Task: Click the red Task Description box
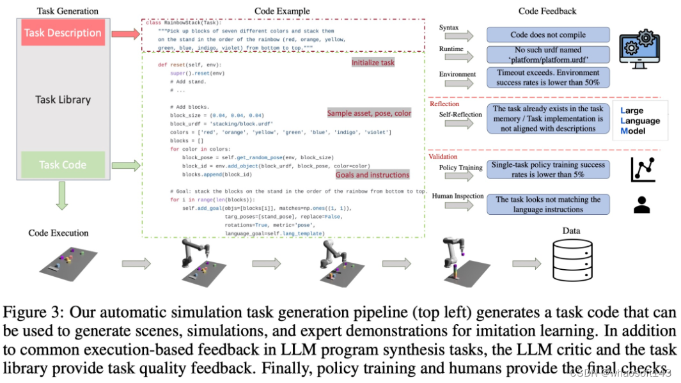[x=63, y=33]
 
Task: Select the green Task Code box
[x=63, y=164]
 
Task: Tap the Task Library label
[x=63, y=100]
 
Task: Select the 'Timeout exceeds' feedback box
[x=548, y=77]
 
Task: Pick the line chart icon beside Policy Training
[x=641, y=169]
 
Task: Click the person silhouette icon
[x=641, y=204]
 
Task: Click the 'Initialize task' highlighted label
[x=373, y=63]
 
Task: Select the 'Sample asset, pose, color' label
[x=369, y=113]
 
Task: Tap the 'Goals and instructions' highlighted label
[x=372, y=175]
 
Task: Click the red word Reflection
[x=444, y=104]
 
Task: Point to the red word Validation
[x=443, y=157]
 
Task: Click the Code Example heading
[x=282, y=11]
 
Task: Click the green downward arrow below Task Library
[x=63, y=197]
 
